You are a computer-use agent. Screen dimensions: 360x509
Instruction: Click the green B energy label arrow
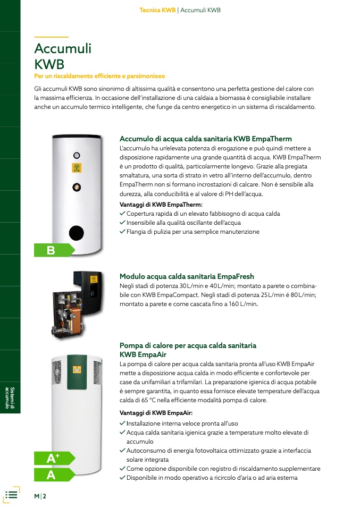tap(54, 250)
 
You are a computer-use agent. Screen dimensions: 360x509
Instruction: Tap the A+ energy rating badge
tap(54, 458)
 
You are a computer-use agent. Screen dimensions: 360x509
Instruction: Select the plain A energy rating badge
tap(54, 474)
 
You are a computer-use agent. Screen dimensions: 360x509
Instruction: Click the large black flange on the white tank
tap(77, 232)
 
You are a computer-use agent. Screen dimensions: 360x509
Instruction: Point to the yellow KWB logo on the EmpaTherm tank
tap(77, 167)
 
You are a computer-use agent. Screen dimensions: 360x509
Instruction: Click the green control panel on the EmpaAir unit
tap(77, 372)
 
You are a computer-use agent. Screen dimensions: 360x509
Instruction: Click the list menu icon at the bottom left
tap(11, 495)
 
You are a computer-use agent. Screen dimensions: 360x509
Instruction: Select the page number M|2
tap(40, 496)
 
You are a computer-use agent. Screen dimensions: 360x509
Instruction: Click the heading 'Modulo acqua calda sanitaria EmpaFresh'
tap(187, 277)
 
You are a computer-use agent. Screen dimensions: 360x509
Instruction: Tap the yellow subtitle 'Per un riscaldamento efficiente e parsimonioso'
tap(99, 76)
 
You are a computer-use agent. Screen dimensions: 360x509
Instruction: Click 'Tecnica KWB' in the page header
tap(157, 10)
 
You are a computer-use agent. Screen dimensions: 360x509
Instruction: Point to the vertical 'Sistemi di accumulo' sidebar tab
tap(10, 397)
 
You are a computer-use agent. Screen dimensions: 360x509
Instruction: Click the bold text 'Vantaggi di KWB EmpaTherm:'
tap(161, 205)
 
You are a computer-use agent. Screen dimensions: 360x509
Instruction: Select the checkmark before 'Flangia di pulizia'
tap(122, 232)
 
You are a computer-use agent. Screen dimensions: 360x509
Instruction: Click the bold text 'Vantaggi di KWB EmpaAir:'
tap(156, 413)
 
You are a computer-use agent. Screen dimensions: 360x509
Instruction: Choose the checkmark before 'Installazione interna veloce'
tap(122, 423)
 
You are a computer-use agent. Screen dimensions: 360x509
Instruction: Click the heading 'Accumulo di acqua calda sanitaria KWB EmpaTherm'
tap(206, 139)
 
